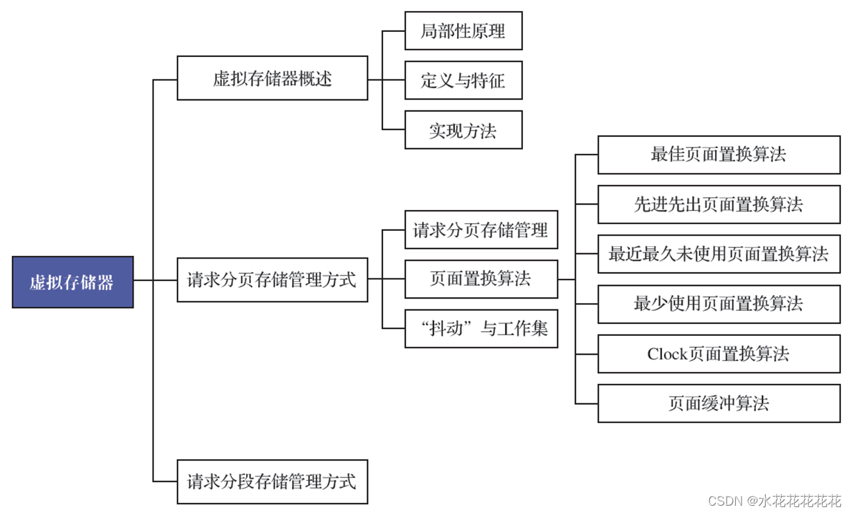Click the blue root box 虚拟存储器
[x=72, y=282]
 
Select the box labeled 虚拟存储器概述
[x=272, y=78]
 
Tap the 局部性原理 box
[x=463, y=31]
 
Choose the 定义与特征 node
[x=463, y=80]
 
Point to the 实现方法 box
[x=463, y=129]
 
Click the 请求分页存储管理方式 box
[x=272, y=280]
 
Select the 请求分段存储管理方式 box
[x=272, y=481]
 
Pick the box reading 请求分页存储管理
[x=481, y=230]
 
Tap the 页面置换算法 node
[x=481, y=279]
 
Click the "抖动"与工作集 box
[x=481, y=328]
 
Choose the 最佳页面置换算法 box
[x=718, y=154]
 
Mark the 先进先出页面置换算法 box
[x=718, y=204]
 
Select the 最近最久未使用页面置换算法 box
[x=718, y=254]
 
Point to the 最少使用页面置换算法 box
[x=718, y=304]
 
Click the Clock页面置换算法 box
[x=718, y=354]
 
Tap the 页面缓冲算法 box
[x=718, y=403]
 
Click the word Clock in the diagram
[x=667, y=354]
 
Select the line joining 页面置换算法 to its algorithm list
[x=566, y=280]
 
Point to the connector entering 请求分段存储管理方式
[x=166, y=481]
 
